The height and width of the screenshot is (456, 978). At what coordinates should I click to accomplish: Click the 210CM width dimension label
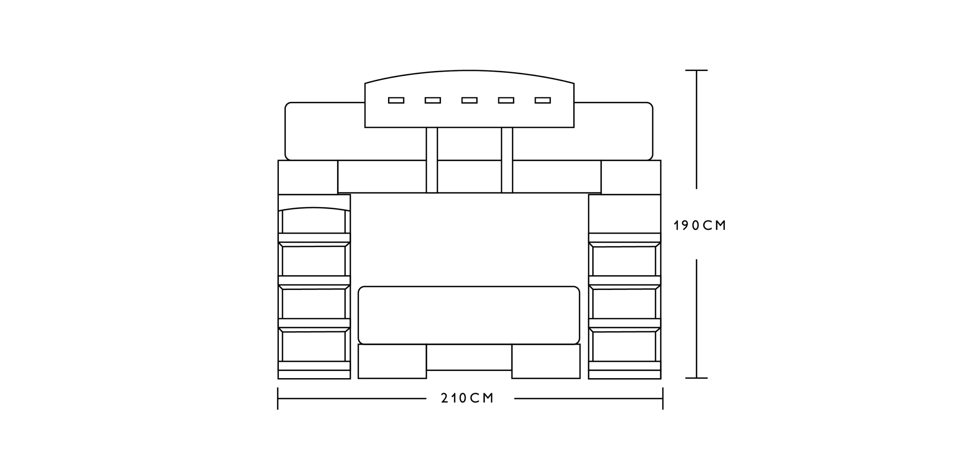point(467,398)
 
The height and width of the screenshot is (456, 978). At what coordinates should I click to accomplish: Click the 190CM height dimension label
point(699,226)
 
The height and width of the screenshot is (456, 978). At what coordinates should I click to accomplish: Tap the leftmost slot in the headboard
point(396,100)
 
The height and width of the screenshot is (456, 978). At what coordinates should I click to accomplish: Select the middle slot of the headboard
point(470,100)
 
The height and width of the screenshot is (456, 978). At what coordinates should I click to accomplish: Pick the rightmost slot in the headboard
point(543,100)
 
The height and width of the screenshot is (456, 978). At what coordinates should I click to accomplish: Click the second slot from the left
point(433,100)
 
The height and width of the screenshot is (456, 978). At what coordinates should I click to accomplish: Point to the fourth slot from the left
point(506,100)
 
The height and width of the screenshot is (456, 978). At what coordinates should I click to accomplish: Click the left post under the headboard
point(432,160)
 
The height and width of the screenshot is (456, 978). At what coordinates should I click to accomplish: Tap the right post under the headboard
point(507,160)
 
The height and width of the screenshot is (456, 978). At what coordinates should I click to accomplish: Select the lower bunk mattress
point(469,315)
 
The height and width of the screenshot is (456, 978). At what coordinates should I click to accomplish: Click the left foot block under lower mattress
point(392,361)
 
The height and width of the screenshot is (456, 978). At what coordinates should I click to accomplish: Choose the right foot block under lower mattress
point(546,361)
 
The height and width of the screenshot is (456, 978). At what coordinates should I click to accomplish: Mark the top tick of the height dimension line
point(696,70)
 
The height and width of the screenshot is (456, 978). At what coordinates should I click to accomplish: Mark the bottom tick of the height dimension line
point(696,378)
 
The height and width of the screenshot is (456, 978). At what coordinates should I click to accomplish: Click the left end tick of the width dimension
point(278,398)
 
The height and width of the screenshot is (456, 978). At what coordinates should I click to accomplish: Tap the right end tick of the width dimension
point(663,398)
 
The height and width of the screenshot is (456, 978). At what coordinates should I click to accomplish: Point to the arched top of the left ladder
point(314,208)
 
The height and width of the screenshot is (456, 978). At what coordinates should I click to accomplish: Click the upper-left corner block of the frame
point(308,177)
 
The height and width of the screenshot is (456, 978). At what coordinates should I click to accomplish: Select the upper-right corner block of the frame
point(631,177)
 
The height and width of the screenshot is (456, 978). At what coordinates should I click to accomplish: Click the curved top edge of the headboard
point(470,71)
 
